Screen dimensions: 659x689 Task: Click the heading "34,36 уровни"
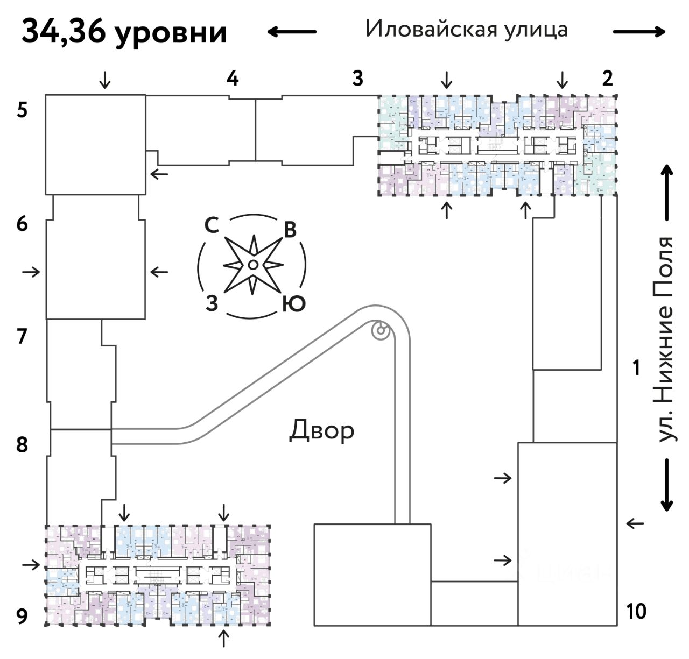click(124, 32)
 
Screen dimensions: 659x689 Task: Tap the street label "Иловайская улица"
click(466, 29)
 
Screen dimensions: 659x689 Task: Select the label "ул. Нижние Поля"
click(665, 339)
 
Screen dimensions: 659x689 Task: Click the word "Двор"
click(322, 430)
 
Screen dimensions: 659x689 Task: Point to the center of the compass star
click(252, 264)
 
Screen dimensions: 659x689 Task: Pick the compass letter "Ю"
click(294, 304)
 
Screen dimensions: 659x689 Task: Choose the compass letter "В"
click(290, 230)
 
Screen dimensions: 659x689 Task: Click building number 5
click(22, 111)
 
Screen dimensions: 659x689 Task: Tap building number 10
click(636, 612)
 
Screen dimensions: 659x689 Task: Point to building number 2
click(608, 79)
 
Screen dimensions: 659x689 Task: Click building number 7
click(22, 336)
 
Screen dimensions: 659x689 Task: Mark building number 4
click(232, 79)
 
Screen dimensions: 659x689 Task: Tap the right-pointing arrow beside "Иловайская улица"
click(639, 32)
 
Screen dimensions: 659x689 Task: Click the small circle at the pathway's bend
click(381, 330)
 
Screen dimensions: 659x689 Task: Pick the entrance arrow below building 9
click(223, 639)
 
